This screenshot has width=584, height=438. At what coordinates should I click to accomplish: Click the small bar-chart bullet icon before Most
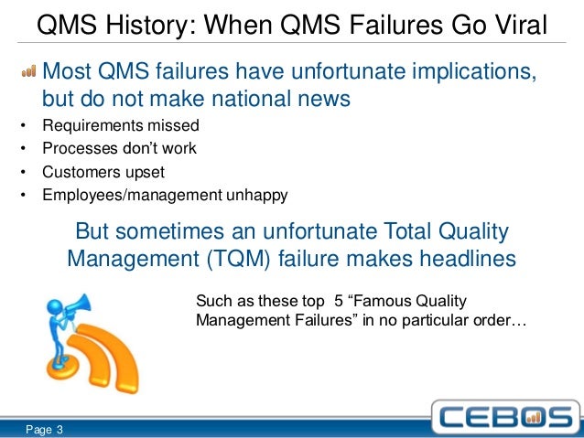[x=28, y=71]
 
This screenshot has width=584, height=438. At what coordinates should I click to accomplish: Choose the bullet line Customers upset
[x=103, y=171]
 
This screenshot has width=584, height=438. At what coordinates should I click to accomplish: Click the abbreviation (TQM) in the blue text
[x=248, y=260]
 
